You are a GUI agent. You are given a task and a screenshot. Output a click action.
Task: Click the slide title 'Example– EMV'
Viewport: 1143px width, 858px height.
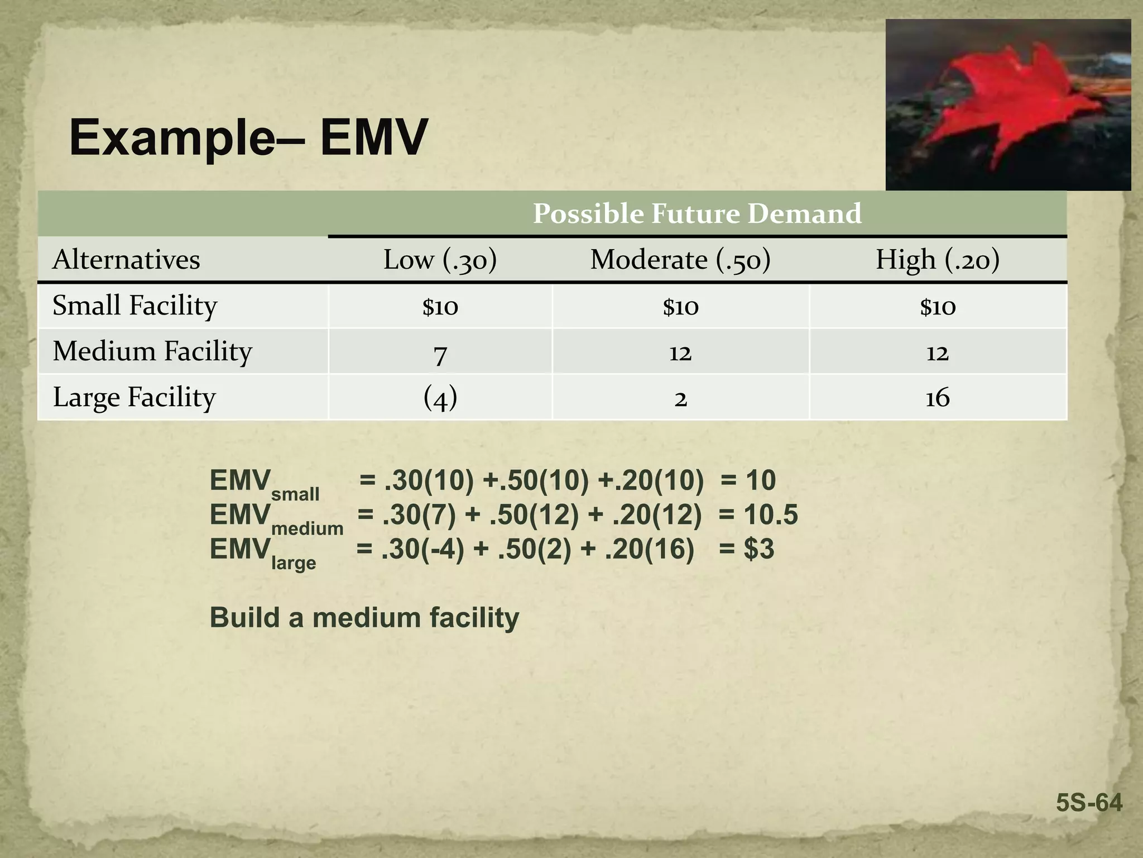pos(248,137)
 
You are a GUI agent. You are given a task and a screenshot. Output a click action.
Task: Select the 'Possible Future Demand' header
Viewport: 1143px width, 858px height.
pos(697,213)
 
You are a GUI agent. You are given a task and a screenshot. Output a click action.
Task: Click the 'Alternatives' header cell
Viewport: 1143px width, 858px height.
pos(126,260)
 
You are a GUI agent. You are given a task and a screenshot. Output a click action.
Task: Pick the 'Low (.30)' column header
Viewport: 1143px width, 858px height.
pos(440,260)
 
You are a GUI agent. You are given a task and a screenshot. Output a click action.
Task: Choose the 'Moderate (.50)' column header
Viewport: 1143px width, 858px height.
pos(680,260)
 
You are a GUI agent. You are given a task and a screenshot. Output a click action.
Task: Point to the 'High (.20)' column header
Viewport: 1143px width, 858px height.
pos(937,260)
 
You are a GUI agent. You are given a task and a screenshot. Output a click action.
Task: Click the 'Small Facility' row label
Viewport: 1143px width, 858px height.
pos(135,306)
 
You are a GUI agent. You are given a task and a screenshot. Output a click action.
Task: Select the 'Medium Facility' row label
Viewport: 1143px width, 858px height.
pos(152,351)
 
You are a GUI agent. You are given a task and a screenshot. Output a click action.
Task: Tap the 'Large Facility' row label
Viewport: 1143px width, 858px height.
pos(134,397)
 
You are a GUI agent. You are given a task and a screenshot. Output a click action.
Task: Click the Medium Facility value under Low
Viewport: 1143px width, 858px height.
pos(440,354)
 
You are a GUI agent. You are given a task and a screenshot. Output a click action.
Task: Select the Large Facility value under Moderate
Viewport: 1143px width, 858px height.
pos(680,399)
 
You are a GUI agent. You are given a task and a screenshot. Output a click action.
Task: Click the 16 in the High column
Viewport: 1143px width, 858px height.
pos(937,398)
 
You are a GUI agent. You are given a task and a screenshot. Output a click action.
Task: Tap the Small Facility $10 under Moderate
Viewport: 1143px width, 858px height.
pos(680,307)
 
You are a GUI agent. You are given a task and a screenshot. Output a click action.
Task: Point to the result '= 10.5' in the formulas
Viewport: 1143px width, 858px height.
pos(758,514)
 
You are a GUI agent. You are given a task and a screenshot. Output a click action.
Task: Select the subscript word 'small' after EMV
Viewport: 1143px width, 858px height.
pos(295,494)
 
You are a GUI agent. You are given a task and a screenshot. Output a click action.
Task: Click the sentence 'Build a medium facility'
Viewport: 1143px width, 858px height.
pos(364,618)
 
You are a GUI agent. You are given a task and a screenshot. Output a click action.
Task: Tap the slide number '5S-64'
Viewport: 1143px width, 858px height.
pos(1088,803)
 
